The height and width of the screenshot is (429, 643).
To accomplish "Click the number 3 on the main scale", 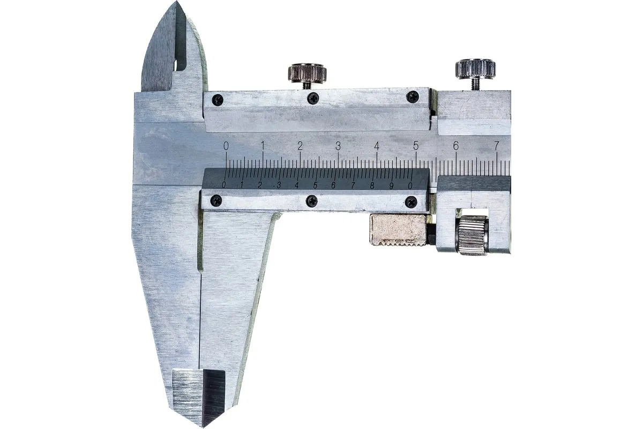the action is (338, 146).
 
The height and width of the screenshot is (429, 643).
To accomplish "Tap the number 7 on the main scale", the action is (496, 146).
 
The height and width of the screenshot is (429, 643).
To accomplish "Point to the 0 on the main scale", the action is (226, 146).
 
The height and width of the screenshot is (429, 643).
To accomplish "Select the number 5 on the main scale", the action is (416, 146).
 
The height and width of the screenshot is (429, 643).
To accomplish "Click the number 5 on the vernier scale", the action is (315, 186).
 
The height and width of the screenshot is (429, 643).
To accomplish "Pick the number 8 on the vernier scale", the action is (372, 186).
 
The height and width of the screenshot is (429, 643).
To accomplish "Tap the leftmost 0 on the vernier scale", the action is (223, 186).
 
